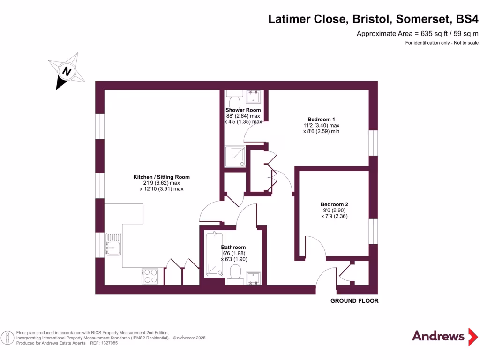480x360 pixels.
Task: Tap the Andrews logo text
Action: pyautogui.click(x=438, y=336)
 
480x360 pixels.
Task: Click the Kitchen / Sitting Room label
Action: pyautogui.click(x=161, y=177)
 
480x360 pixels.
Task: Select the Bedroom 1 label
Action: pyautogui.click(x=321, y=119)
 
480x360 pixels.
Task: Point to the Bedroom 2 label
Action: pyautogui.click(x=334, y=204)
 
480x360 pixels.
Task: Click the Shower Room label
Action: pyautogui.click(x=243, y=110)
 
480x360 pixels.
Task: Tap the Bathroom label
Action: pyautogui.click(x=233, y=247)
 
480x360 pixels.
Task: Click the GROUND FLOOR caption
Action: pyautogui.click(x=354, y=301)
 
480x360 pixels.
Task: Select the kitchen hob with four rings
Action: pyautogui.click(x=150, y=276)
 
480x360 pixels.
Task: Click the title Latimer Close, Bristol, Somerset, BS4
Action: pyautogui.click(x=373, y=19)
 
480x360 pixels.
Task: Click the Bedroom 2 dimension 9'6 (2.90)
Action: pyautogui.click(x=334, y=210)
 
